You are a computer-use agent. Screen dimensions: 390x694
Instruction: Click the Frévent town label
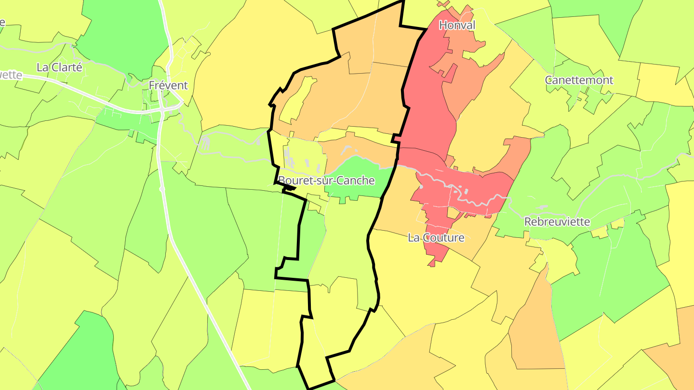[168, 85]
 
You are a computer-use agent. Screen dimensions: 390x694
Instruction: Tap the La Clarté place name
[59, 67]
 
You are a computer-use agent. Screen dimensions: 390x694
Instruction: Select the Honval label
[457, 25]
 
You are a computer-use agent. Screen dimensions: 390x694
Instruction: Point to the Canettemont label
[579, 80]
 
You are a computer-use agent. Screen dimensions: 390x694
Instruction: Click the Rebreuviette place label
[557, 222]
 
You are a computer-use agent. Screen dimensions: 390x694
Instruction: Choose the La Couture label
[436, 237]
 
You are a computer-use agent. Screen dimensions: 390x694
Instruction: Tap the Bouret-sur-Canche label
[326, 181]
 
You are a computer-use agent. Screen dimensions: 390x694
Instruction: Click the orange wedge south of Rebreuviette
[535, 327]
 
